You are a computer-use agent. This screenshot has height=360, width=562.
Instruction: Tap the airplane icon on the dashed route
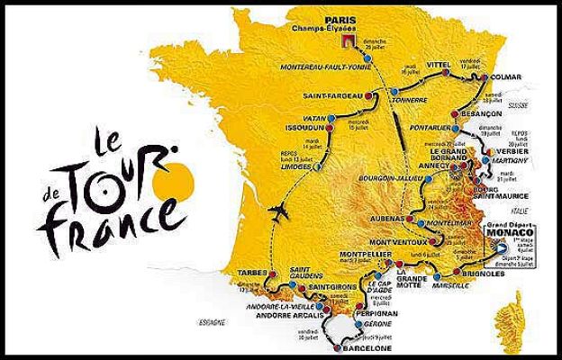point(279,213)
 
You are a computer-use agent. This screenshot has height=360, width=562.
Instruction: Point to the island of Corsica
point(518,310)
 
